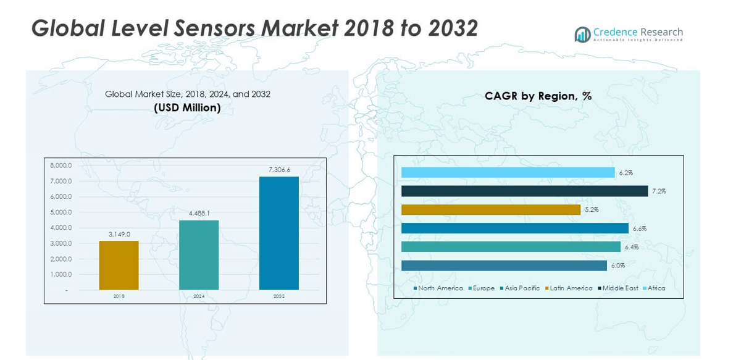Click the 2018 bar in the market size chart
click(x=119, y=265)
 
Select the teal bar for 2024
click(x=199, y=254)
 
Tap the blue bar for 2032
click(x=279, y=233)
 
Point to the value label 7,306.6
click(x=279, y=170)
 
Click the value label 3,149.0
click(x=119, y=234)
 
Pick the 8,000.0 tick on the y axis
click(x=61, y=165)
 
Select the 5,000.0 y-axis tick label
click(x=61, y=212)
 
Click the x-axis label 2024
click(x=199, y=296)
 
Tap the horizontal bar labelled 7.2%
click(x=524, y=191)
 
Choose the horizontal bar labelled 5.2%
click(x=491, y=210)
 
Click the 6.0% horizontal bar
click(x=504, y=266)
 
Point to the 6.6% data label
click(x=639, y=228)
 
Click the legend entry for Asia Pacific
click(x=522, y=288)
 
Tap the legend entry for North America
click(x=440, y=288)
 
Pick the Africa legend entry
click(x=656, y=288)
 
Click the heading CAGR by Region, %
click(x=538, y=96)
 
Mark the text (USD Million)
click(x=187, y=108)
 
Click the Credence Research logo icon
click(x=582, y=35)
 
